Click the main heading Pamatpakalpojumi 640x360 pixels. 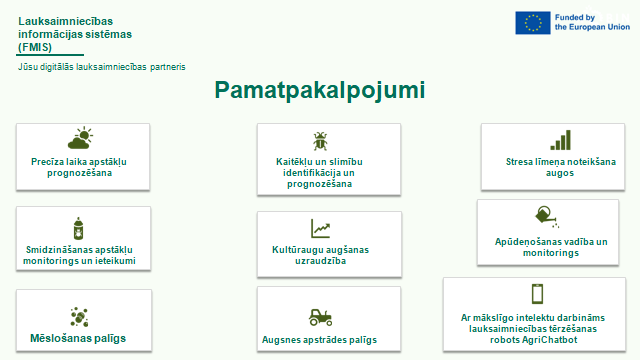point(320,90)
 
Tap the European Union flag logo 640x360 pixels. point(533,22)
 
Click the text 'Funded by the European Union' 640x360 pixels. point(592,22)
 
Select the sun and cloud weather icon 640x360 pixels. point(80,138)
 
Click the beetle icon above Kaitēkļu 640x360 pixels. point(320,141)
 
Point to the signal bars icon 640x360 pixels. point(560,140)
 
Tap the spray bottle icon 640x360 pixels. point(78,228)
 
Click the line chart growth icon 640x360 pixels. point(320,229)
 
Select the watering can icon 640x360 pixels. point(547,216)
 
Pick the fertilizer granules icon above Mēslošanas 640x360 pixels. point(79,317)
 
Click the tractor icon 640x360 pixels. point(320,317)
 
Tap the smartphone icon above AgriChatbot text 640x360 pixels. point(538,294)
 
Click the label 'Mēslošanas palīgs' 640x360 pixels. point(78,338)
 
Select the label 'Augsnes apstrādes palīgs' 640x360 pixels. point(319,340)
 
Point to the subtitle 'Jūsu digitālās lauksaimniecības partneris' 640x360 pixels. point(102,67)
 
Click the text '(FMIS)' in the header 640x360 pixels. point(35,47)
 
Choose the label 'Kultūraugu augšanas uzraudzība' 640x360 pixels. point(320,255)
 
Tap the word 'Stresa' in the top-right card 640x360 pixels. point(519,162)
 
